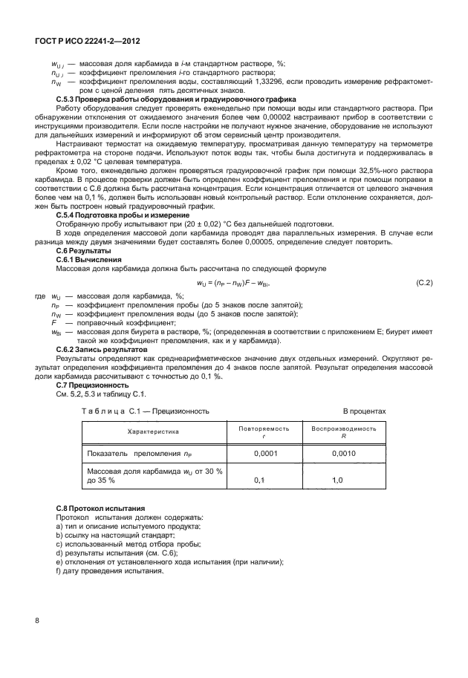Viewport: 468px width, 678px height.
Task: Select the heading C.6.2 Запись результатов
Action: (x=102, y=348)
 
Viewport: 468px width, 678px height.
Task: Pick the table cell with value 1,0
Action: (x=337, y=480)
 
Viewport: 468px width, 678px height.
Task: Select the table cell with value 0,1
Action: (x=259, y=480)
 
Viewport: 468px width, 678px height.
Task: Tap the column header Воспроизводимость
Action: (x=343, y=428)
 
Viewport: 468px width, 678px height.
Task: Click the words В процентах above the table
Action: (x=363, y=410)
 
